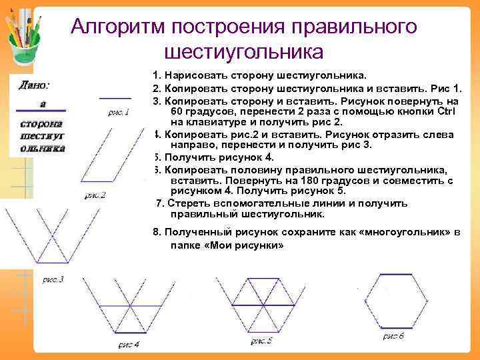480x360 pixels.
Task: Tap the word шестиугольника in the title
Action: coord(243,51)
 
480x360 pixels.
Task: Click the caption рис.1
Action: coord(119,113)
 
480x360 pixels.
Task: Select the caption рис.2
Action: coord(96,195)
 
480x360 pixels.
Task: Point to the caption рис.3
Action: coord(52,280)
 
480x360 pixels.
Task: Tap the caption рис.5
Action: coord(261,341)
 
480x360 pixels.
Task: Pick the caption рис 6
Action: coord(393,336)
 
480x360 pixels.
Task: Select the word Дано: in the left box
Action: coord(33,85)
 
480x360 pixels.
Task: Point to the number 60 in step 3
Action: coord(178,111)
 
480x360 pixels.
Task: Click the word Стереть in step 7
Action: coord(189,203)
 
